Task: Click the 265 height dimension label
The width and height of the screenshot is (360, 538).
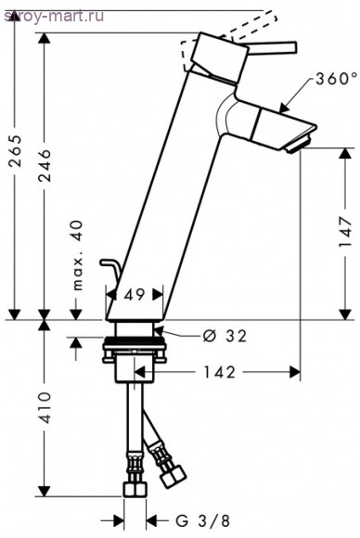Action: point(16,150)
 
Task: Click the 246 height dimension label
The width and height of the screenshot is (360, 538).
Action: point(45,165)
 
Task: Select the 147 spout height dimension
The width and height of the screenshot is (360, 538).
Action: point(345,232)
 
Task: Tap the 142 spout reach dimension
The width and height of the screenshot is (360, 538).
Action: point(220,372)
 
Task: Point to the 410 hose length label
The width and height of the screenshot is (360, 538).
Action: point(45,407)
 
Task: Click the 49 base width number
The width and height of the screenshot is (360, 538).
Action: point(135,295)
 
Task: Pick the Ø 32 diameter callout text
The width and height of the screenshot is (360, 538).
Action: point(225,336)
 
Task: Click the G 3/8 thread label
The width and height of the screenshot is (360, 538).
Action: point(202,521)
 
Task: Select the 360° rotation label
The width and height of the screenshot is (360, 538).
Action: point(331,79)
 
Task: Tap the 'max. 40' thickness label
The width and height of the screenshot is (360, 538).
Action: point(78,256)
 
